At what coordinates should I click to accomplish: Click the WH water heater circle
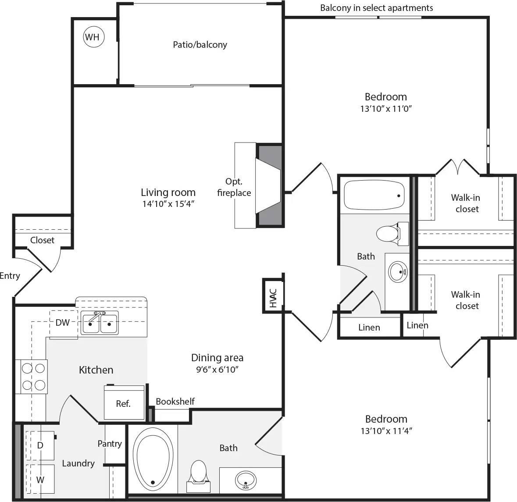pyautogui.click(x=92, y=37)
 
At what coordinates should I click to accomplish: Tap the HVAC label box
pyautogui.click(x=273, y=296)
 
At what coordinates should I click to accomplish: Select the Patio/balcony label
pyautogui.click(x=200, y=45)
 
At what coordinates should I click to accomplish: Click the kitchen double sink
pyautogui.click(x=100, y=324)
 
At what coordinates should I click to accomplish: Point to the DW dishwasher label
pyautogui.click(x=63, y=323)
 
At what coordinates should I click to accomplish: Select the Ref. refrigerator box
pyautogui.click(x=124, y=403)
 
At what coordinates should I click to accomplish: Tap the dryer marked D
pyautogui.click(x=40, y=445)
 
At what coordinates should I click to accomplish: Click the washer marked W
pyautogui.click(x=40, y=480)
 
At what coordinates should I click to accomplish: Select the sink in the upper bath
pyautogui.click(x=398, y=272)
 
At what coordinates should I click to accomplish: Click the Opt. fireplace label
pyautogui.click(x=234, y=187)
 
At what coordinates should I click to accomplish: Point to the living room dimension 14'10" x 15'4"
pyautogui.click(x=168, y=203)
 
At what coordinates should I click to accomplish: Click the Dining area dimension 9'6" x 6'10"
pyautogui.click(x=217, y=370)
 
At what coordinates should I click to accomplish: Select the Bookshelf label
pyautogui.click(x=175, y=401)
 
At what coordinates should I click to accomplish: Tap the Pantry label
pyautogui.click(x=110, y=444)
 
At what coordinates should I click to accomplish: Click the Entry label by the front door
pyautogui.click(x=10, y=276)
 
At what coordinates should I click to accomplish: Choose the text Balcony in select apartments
pyautogui.click(x=376, y=8)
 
